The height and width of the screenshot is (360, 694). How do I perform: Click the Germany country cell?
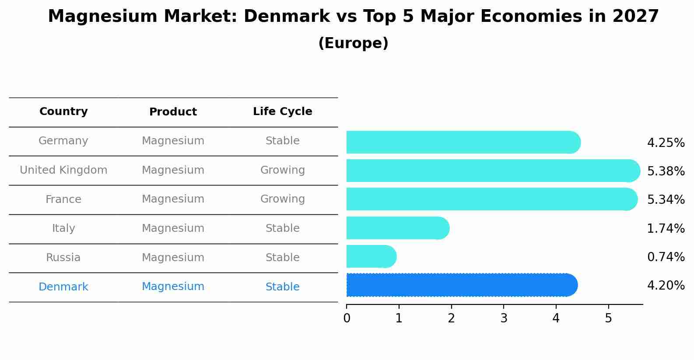63,141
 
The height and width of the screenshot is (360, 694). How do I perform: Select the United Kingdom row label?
63,170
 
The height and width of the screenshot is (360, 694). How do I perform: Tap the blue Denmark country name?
63,287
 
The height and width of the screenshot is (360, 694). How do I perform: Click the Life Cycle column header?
282,112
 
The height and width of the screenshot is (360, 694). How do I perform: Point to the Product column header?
173,112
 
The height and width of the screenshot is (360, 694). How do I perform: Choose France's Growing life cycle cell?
282,199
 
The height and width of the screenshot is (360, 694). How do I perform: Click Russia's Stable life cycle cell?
282,258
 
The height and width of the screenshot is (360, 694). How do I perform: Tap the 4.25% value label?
666,143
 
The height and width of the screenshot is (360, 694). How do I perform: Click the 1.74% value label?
666,228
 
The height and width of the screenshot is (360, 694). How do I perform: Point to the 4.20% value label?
666,286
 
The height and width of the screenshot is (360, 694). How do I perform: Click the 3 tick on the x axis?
504,318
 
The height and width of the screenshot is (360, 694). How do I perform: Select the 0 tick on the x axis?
347,318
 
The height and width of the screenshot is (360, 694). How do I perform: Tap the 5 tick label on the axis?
608,318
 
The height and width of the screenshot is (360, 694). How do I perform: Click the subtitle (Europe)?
353,43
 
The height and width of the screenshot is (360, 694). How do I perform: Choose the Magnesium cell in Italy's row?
173,228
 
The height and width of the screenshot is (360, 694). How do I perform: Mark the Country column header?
63,112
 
